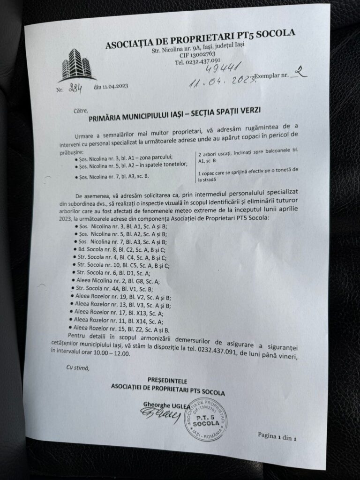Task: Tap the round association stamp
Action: (x=205, y=419)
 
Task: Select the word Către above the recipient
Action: (x=68, y=111)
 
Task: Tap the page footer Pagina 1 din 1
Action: (x=277, y=436)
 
